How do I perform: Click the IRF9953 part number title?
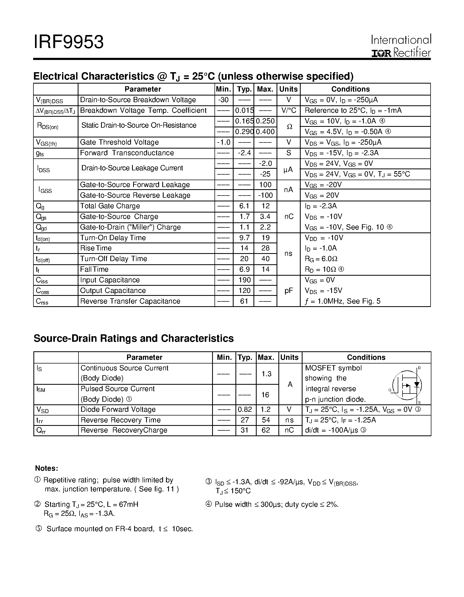tap(69, 42)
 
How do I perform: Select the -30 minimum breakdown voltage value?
tap(224, 100)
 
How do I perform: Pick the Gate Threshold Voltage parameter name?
tap(119, 142)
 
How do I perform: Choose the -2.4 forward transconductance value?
tap(244, 153)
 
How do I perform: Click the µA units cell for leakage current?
tap(288, 170)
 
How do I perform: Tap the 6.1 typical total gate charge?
tap(244, 206)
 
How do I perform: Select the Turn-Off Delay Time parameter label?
tap(113, 259)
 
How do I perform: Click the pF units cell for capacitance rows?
tap(289, 291)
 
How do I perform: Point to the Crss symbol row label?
tap(42, 301)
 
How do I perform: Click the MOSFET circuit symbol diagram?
tap(407, 385)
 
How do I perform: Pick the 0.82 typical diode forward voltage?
tap(245, 409)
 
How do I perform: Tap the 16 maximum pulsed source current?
tap(265, 395)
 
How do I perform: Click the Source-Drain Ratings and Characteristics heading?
tap(134, 338)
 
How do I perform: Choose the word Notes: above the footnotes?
tap(47, 468)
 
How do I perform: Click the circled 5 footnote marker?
tap(39, 528)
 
